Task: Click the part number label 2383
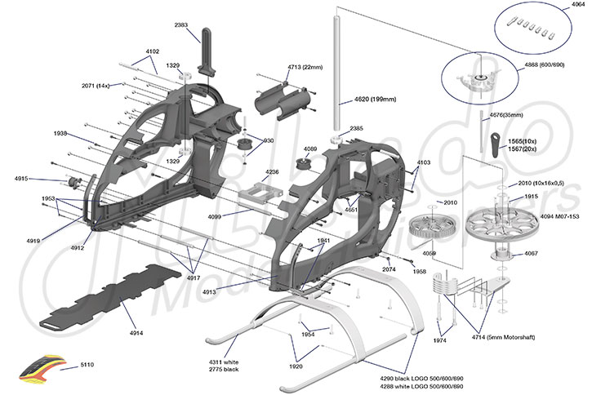click(180, 25)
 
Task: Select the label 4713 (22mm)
click(302, 66)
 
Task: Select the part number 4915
click(21, 178)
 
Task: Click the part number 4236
click(272, 172)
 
